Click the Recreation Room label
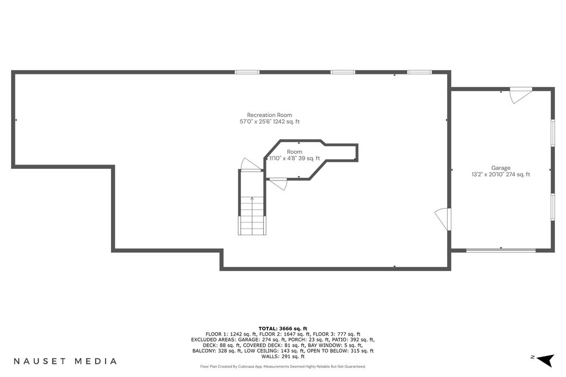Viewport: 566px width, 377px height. [x=270, y=115]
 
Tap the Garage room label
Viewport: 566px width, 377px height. [x=501, y=168]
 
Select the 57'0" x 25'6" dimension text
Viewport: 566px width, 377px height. [x=255, y=121]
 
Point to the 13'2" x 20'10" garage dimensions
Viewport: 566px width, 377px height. [x=486, y=174]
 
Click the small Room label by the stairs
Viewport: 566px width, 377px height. [x=295, y=152]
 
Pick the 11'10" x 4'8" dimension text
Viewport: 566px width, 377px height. [x=283, y=158]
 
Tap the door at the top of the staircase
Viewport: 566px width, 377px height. [x=251, y=164]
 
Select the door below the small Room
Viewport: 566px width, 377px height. [x=279, y=183]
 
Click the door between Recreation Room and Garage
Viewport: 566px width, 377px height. [x=443, y=219]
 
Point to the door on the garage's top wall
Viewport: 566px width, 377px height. [x=521, y=95]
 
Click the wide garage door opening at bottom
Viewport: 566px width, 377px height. [x=501, y=250]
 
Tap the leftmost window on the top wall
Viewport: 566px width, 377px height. [x=247, y=72]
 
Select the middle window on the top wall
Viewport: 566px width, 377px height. [x=343, y=72]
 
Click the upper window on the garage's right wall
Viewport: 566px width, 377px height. [x=552, y=133]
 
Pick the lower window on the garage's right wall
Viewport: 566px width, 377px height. [x=552, y=206]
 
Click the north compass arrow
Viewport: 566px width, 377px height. [x=545, y=360]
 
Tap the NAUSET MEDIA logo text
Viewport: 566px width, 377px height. [x=65, y=361]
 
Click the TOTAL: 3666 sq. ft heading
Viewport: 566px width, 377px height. [x=282, y=328]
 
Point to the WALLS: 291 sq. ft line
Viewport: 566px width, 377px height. [x=282, y=357]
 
